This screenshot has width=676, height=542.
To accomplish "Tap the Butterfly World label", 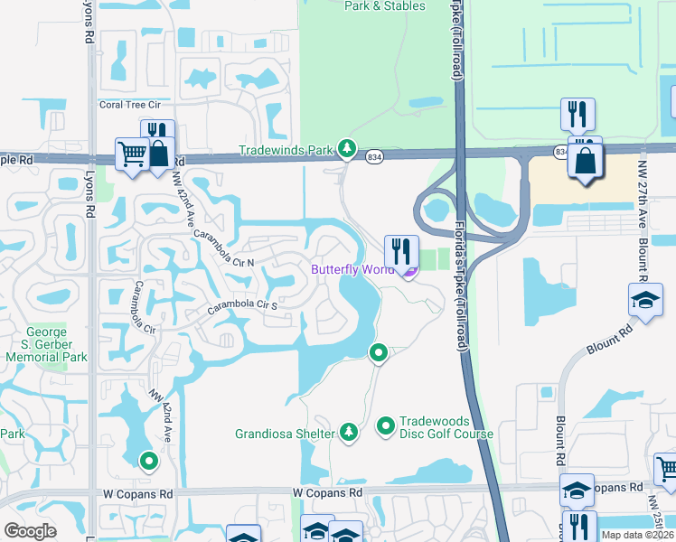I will click(x=352, y=269).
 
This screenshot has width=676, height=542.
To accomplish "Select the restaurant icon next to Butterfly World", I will click(x=400, y=250).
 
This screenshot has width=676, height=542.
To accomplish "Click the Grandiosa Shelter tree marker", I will click(x=349, y=434).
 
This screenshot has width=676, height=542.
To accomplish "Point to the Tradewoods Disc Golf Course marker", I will click(x=385, y=424).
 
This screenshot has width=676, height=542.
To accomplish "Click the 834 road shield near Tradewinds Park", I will click(x=375, y=157).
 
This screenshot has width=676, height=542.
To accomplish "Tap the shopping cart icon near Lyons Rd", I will click(x=132, y=154).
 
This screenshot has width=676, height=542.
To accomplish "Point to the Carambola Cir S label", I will click(x=242, y=305).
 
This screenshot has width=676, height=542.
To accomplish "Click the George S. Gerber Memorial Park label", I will click(x=46, y=344).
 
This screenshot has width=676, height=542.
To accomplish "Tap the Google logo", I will click(x=30, y=530).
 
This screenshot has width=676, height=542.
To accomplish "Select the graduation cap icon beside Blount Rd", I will click(x=644, y=301).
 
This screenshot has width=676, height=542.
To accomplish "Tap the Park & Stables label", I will click(x=384, y=5).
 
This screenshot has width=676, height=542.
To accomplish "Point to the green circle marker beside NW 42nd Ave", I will click(x=148, y=462).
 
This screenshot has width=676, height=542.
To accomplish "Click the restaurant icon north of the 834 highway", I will click(x=576, y=114).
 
